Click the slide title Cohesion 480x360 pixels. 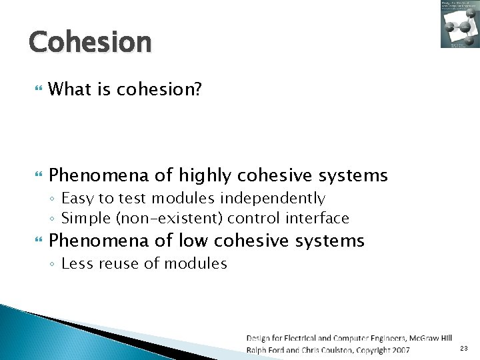90,41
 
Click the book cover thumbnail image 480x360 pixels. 459,25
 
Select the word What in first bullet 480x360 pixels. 69,89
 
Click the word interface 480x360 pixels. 317,218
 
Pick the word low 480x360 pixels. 195,240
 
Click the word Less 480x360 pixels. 76,263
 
